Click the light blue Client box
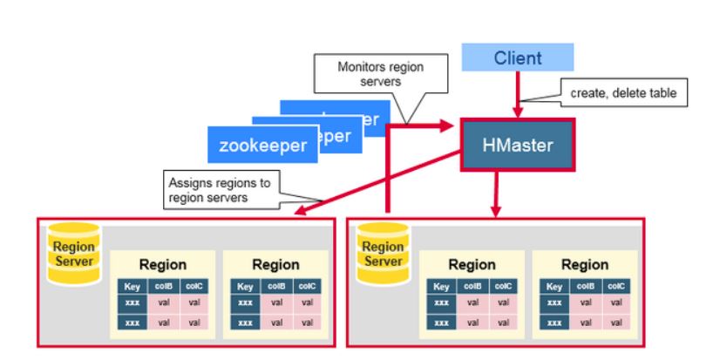[518, 58]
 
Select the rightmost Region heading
[585, 264]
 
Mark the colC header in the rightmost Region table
[617, 286]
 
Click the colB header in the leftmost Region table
[163, 286]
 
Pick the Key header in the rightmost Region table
[556, 286]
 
